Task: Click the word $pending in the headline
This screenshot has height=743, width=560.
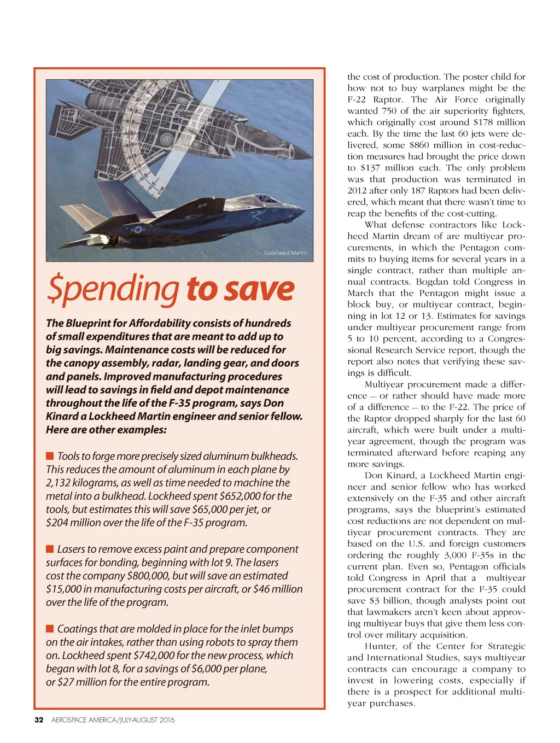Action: pyautogui.click(x=112, y=290)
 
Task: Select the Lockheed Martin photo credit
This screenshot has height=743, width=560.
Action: pyautogui.click(x=285, y=253)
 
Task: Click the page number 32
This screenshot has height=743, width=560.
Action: pyautogui.click(x=39, y=720)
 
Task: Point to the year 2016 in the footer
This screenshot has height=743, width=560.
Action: pyautogui.click(x=167, y=720)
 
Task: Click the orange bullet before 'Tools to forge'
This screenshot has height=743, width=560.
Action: pyautogui.click(x=50, y=456)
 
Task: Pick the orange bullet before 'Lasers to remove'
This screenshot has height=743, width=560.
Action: pyautogui.click(x=50, y=549)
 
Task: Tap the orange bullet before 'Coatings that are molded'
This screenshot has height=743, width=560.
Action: pyautogui.click(x=50, y=629)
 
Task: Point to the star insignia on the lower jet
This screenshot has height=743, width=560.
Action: pyautogui.click(x=138, y=230)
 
